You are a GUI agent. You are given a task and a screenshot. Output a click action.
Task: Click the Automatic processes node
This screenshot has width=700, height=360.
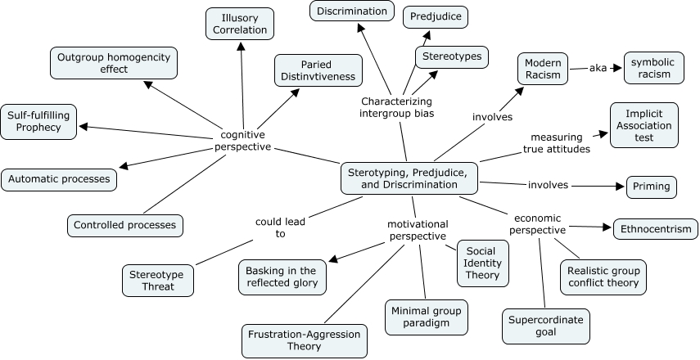pyautogui.click(x=59, y=178)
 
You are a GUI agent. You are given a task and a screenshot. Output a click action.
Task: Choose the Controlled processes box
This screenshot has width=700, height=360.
pyautogui.click(x=124, y=224)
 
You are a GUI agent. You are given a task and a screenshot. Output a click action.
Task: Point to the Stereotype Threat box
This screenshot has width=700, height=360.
pyautogui.click(x=158, y=280)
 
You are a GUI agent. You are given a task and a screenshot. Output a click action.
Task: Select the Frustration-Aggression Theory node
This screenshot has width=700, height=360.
pyautogui.click(x=305, y=341)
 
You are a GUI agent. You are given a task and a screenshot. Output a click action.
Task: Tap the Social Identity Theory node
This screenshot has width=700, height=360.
pyautogui.click(x=482, y=263)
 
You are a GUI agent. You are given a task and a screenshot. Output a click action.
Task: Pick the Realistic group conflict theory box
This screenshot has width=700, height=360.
pyautogui.click(x=603, y=277)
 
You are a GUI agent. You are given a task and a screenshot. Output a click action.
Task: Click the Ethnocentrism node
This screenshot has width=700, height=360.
pyautogui.click(x=656, y=229)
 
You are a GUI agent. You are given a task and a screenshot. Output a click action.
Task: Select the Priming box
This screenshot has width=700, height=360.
pyautogui.click(x=651, y=187)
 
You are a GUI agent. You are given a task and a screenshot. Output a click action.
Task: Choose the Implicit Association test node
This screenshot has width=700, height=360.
pyautogui.click(x=644, y=125)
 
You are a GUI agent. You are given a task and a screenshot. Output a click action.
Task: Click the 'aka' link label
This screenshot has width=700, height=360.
pyautogui.click(x=598, y=68)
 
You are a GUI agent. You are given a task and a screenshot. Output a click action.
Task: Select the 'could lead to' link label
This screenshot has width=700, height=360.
pyautogui.click(x=269, y=227)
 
